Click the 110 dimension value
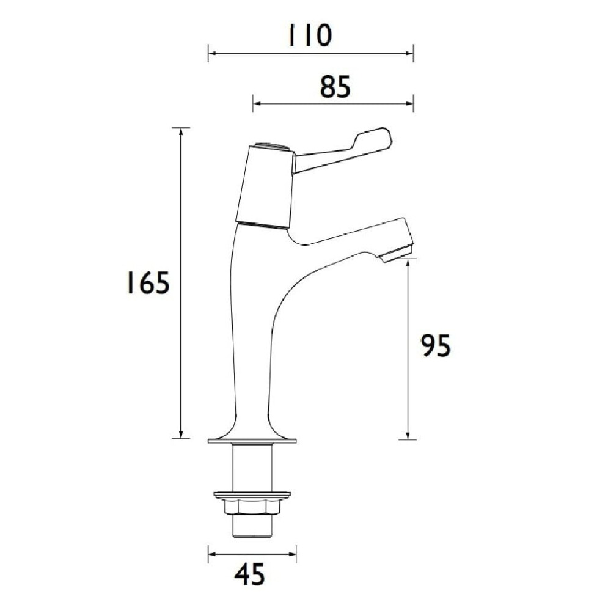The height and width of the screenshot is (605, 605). pyautogui.click(x=310, y=35)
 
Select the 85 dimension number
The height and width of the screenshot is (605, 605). pyautogui.click(x=335, y=87)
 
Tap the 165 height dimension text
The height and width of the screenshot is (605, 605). pyautogui.click(x=148, y=282)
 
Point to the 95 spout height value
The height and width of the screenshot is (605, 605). pyautogui.click(x=435, y=345)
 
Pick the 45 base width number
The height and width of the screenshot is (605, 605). pyautogui.click(x=250, y=574)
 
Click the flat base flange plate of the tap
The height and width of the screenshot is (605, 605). pyautogui.click(x=252, y=441)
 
